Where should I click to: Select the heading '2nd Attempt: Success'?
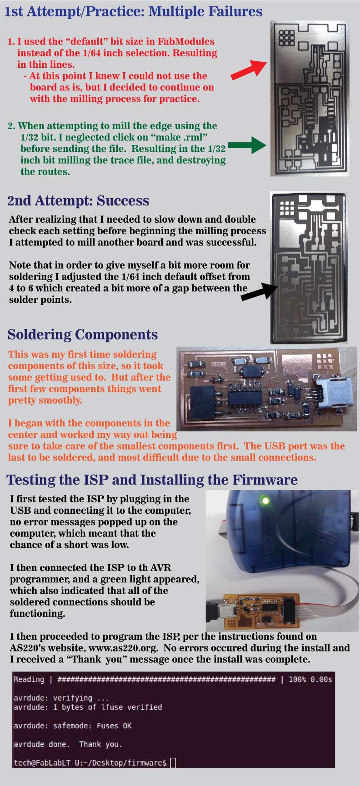click(x=78, y=201)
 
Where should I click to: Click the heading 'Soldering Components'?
click(x=82, y=335)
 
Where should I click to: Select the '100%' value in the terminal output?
click(x=297, y=680)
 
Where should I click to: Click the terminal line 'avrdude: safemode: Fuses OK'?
click(x=73, y=726)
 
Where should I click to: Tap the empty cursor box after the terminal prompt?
click(x=173, y=763)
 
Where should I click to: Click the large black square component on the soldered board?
click(x=205, y=402)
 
